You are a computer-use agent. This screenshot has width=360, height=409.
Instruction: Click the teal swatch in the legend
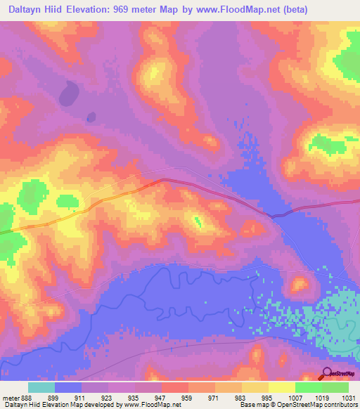41,387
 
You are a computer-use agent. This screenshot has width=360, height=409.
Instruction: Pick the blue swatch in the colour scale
68,387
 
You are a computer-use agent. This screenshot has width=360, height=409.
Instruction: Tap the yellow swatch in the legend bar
281,387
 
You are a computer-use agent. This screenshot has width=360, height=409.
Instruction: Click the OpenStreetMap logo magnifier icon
327,373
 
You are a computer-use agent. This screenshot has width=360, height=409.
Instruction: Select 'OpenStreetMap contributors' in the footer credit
324,405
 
